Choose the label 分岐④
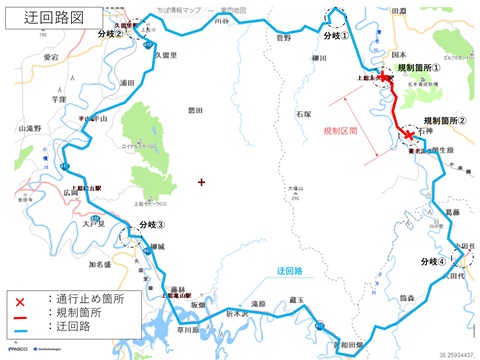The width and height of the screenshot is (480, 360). click(435, 261)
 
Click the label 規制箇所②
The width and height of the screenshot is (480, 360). click(445, 121)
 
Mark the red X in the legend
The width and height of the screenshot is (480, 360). click(19, 299)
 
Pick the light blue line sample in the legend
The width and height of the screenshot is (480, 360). click(19, 326)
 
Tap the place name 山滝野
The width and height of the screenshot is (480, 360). click(31, 128)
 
